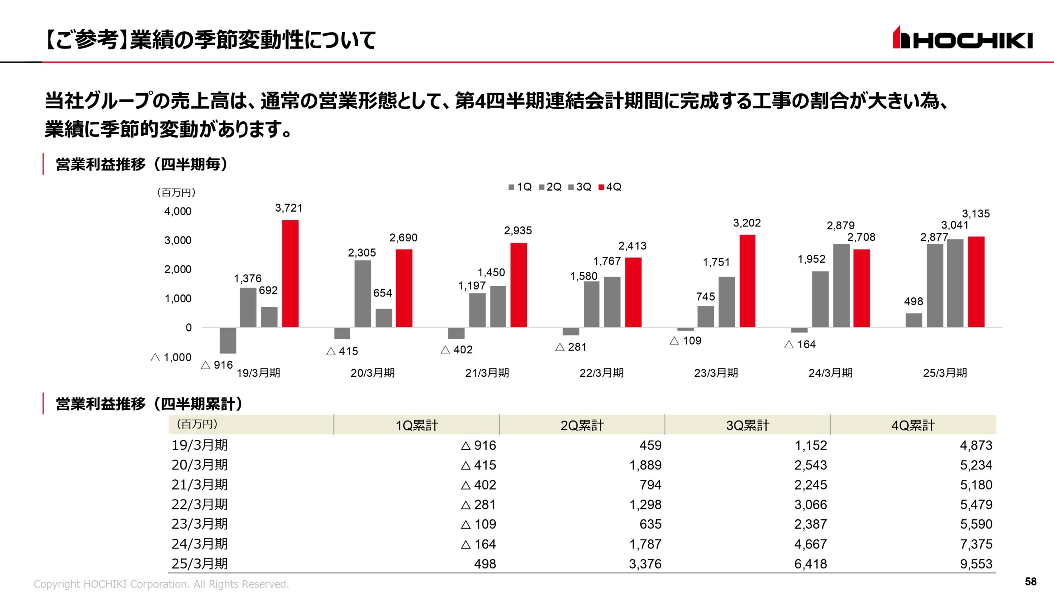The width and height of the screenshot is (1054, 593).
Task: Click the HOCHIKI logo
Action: pyautogui.click(x=962, y=38)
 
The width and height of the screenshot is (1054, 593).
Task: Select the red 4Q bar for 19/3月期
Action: pyautogui.click(x=290, y=273)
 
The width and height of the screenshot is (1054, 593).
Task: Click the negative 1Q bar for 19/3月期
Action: pyautogui.click(x=228, y=340)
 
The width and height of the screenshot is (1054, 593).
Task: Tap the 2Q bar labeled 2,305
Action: pyautogui.click(x=362, y=294)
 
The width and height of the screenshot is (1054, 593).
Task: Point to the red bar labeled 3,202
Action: pyautogui.click(x=747, y=281)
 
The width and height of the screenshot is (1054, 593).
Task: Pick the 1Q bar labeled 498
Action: pyautogui.click(x=914, y=320)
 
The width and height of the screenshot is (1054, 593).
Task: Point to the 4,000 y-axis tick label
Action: pyautogui.click(x=178, y=211)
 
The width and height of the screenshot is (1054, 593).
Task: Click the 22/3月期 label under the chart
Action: pyautogui.click(x=602, y=373)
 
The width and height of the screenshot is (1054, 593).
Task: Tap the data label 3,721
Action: pyautogui.click(x=289, y=208)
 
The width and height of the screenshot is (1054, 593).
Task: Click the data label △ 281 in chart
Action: pyautogui.click(x=571, y=347)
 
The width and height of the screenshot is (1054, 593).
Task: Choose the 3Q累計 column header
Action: pyautogui.click(x=747, y=425)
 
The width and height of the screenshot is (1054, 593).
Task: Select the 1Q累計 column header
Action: pyautogui.click(x=417, y=425)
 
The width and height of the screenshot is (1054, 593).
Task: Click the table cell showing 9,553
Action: pyautogui.click(x=976, y=564)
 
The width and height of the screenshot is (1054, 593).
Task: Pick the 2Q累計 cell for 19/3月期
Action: pyautogui.click(x=651, y=445)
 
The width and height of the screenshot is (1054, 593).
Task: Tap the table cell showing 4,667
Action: pyautogui.click(x=810, y=544)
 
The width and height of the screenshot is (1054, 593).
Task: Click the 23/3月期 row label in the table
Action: pyautogui.click(x=200, y=524)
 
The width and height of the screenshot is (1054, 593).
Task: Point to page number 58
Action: pyautogui.click(x=1031, y=581)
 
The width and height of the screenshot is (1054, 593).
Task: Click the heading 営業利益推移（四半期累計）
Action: pyautogui.click(x=149, y=404)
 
